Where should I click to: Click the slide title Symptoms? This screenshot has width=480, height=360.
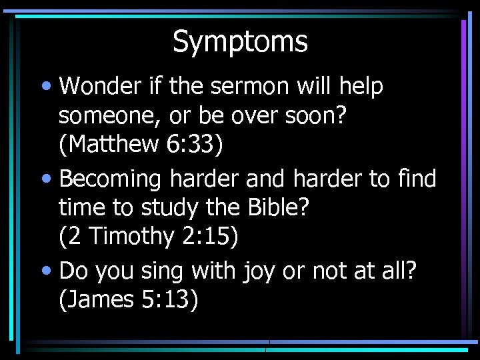coord(240,41)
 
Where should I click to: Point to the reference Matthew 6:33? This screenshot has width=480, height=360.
coord(140,145)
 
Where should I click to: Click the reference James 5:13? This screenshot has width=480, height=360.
coord(129,299)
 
